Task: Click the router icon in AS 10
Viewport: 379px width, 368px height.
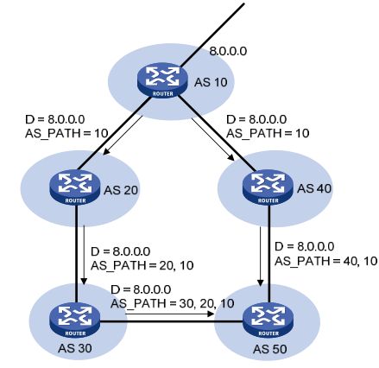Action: [x=162, y=81]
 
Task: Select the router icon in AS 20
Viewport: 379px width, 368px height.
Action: [x=75, y=188]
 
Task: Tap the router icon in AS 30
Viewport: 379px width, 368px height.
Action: [x=74, y=321]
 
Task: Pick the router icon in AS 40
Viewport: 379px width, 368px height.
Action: [x=268, y=187]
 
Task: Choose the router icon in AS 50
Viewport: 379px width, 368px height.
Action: [x=268, y=321]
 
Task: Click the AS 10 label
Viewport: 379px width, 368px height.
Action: [x=211, y=82]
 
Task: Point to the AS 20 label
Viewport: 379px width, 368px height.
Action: [x=121, y=190]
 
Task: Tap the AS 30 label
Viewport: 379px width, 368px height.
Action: [x=75, y=348]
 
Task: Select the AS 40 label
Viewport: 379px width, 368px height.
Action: [x=314, y=188]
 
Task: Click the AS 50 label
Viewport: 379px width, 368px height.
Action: [x=270, y=349]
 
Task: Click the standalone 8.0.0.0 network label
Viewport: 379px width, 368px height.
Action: [x=228, y=51]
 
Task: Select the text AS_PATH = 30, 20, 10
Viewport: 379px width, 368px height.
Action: [x=172, y=303]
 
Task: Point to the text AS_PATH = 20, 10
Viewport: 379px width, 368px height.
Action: [x=142, y=265]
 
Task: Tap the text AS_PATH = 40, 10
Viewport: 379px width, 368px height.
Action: [x=325, y=261]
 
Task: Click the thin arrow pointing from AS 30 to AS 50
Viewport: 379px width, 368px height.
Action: [x=170, y=314]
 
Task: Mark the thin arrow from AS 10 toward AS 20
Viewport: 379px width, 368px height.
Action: [x=123, y=135]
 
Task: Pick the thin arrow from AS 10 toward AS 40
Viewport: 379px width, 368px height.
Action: [x=213, y=139]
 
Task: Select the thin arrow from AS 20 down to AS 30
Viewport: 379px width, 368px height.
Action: [x=84, y=254]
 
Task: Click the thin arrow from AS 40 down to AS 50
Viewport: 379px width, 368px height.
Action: [x=261, y=257]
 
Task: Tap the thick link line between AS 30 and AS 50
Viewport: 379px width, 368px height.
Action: [x=171, y=321]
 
